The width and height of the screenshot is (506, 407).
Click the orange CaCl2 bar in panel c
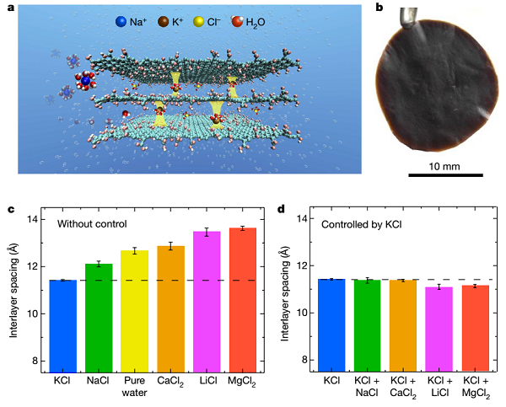click(x=170, y=308)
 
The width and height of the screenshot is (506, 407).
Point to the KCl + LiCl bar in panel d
click(x=439, y=329)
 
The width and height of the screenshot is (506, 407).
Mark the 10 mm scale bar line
click(x=446, y=175)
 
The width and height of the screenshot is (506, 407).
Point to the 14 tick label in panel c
click(x=33, y=220)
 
